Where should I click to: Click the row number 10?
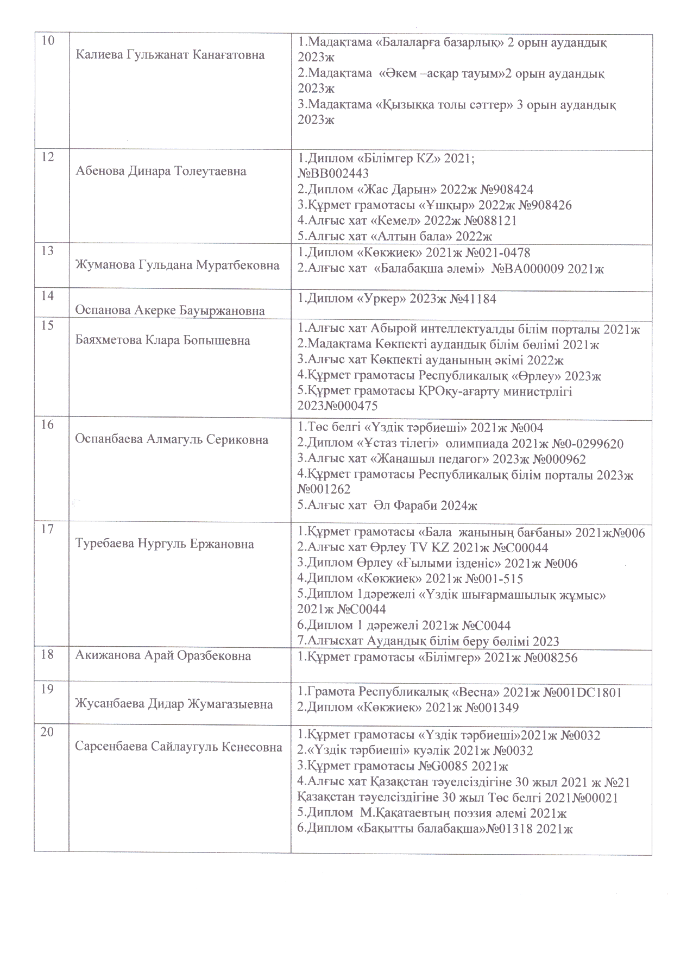48,41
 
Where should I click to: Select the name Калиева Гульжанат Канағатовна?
170,55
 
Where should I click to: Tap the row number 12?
48,157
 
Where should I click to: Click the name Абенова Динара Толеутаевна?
161,171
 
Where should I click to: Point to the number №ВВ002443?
333,173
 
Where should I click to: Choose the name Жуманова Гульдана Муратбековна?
178,265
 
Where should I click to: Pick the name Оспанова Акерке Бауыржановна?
170,310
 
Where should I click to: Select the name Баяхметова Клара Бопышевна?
162,340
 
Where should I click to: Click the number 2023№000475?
337,406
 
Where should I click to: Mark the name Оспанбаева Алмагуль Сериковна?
172,439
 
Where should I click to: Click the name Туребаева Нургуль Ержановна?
165,544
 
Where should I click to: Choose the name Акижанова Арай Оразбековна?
163,655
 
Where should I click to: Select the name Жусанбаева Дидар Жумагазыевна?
174,704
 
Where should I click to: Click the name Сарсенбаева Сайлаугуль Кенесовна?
179,747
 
